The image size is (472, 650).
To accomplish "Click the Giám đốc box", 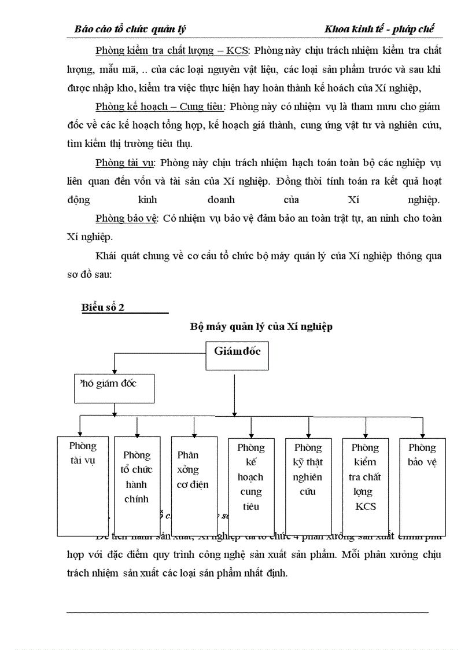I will tap(237, 355).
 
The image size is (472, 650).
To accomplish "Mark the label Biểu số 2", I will tap(103, 307).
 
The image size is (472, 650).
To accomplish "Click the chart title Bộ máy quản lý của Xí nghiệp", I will tap(261, 326).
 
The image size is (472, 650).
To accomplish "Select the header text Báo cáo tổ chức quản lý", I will tap(130, 29).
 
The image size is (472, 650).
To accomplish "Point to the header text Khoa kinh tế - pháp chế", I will tap(379, 29).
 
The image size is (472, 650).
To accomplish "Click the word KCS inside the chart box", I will tap(366, 506).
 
